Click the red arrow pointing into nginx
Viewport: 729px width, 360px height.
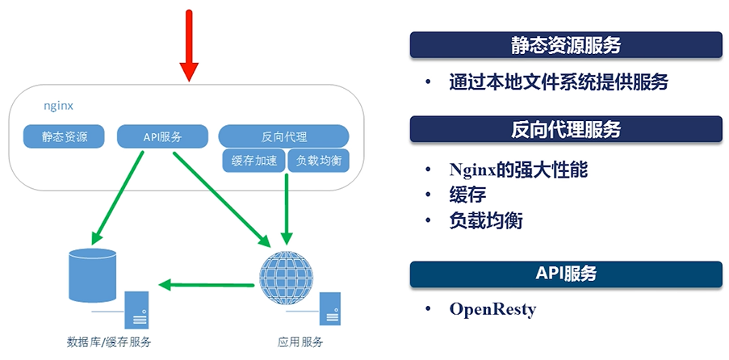tap(188, 45)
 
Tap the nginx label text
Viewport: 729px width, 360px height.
tap(58, 107)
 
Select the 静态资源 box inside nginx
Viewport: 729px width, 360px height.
tap(65, 136)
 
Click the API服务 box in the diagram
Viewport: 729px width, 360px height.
tap(161, 136)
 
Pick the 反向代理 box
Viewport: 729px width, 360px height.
tap(284, 136)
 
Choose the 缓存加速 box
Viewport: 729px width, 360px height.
tap(253, 161)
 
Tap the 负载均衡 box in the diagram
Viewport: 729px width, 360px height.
tap(319, 161)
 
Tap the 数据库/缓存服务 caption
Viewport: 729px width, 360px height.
tap(109, 342)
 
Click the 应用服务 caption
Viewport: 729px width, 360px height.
tap(300, 342)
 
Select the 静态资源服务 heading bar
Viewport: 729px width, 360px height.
tap(565, 45)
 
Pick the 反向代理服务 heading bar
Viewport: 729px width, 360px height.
tap(565, 129)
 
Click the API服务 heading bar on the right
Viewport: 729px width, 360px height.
tap(565, 274)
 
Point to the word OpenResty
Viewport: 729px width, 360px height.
tap(492, 309)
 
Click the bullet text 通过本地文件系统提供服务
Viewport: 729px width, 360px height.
tap(559, 82)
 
